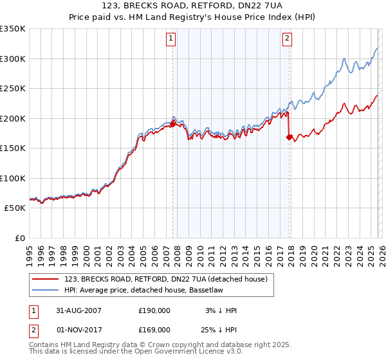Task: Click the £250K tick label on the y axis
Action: [12, 89]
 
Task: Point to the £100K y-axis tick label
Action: [12, 178]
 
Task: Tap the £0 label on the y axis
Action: [19, 238]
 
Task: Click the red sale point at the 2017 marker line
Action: [289, 136]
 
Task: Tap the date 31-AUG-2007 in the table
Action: [78, 310]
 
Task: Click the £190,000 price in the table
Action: [154, 310]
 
